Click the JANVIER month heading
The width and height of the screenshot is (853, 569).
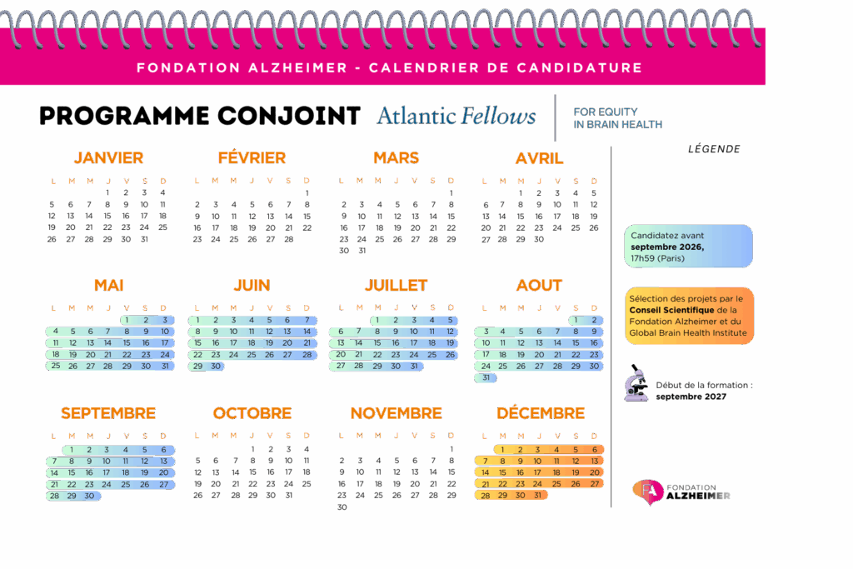(108, 157)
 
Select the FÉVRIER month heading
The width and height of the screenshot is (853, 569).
(252, 157)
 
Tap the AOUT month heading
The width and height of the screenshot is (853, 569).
(539, 285)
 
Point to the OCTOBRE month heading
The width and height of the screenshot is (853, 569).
(252, 413)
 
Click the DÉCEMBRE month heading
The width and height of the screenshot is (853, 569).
(541, 413)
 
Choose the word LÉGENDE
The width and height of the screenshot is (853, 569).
(713, 150)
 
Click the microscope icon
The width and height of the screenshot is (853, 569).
(636, 383)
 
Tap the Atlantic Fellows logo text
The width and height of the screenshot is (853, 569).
(456, 116)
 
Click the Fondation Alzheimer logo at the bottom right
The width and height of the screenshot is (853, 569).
(681, 492)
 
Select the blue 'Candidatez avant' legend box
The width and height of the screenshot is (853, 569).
(688, 247)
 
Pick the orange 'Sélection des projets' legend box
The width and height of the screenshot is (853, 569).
(688, 316)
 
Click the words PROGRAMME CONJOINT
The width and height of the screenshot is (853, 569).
(200, 116)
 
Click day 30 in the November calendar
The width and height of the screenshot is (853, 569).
(342, 507)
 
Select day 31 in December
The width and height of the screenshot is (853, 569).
(539, 495)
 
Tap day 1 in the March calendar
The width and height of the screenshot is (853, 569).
(451, 192)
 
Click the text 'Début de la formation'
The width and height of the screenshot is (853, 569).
(704, 385)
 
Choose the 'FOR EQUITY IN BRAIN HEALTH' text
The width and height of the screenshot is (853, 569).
(617, 117)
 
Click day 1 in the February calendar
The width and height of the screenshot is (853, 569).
(307, 192)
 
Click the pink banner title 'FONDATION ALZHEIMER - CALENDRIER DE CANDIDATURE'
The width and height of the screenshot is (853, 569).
(389, 67)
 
